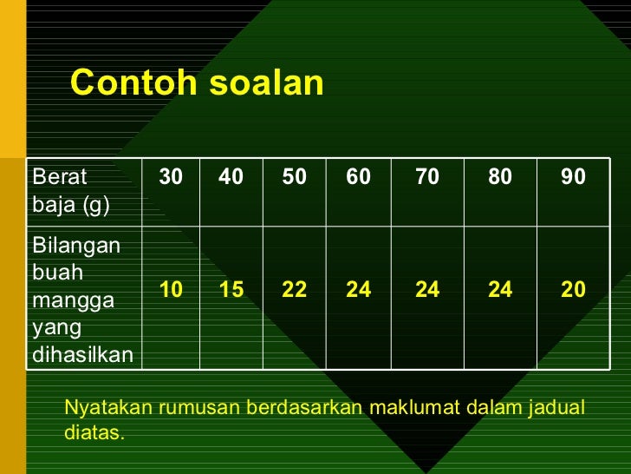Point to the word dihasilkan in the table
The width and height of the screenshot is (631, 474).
[82, 354]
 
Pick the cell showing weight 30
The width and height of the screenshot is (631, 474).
[171, 177]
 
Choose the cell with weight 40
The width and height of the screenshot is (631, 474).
[231, 177]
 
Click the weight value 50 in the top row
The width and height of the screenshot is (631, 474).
[294, 177]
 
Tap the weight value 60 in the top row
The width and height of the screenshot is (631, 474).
[358, 177]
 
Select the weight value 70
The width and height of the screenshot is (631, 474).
[426, 177]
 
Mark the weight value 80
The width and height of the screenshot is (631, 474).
[499, 177]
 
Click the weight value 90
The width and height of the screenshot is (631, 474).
[573, 177]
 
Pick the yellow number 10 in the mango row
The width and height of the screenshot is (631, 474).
[171, 290]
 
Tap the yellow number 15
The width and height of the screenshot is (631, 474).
[231, 290]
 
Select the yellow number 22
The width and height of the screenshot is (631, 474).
[294, 290]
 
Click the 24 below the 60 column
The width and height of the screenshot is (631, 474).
[358, 290]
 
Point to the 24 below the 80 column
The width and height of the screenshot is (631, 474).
[499, 290]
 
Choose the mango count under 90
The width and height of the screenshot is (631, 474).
[573, 290]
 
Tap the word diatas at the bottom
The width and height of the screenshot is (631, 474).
[94, 432]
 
